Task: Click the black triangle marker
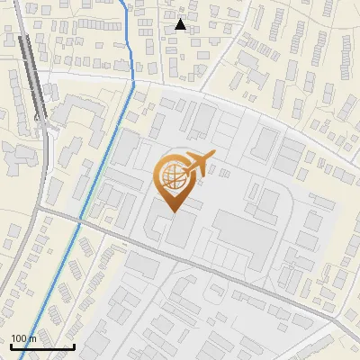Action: pyautogui.click(x=181, y=24)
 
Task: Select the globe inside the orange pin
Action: pyautogui.click(x=172, y=175)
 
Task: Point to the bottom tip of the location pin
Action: pyautogui.click(x=173, y=212)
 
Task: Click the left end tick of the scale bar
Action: pyautogui.click(x=11, y=345)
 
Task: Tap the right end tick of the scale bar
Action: pyautogui.click(x=74, y=345)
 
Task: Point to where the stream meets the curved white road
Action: pyautogui.click(x=131, y=81)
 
